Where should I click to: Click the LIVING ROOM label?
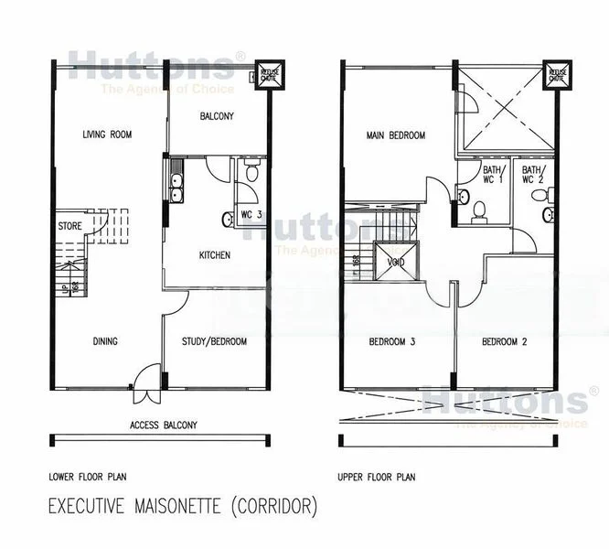point(107,135)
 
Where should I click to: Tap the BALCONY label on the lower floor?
point(217,116)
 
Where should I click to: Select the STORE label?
point(69,225)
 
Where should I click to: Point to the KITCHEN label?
point(214,255)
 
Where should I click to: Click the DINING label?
point(105,342)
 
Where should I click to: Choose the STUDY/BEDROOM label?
point(216,342)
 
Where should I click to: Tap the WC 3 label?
point(252,215)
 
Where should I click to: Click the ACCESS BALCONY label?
point(163,425)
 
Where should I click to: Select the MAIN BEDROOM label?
point(396,135)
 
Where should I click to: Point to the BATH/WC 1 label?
point(493,175)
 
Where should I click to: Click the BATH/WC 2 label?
point(532,175)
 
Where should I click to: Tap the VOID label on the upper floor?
point(395,262)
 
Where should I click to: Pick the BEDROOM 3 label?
point(392,342)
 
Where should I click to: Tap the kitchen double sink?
point(175,182)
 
